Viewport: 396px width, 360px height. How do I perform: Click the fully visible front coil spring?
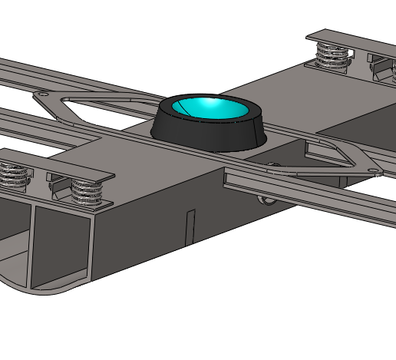[87, 192]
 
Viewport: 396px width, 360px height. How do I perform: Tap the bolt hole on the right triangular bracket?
[368, 169]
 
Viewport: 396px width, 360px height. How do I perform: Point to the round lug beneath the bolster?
[266, 201]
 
